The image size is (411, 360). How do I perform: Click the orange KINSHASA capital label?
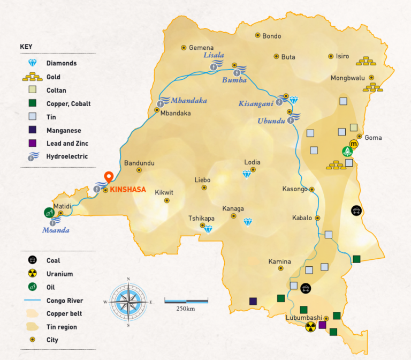point(128,189)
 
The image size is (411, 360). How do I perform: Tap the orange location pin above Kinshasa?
point(108,177)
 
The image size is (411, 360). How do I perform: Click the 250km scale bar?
point(186,301)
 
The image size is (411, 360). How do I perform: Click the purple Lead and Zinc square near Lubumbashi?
point(322,325)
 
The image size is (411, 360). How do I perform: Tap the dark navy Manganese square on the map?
point(253,301)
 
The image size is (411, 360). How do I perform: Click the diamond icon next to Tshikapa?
point(208,229)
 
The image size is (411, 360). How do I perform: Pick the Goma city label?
point(373,138)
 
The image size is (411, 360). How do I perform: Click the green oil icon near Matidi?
point(49,212)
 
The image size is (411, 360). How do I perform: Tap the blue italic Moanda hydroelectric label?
point(56,230)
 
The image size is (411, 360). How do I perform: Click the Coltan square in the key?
point(32,90)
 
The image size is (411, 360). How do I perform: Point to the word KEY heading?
point(26,47)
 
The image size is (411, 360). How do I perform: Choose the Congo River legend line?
point(32,301)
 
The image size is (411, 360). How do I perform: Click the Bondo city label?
point(271,36)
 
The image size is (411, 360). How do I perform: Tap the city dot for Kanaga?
point(233,216)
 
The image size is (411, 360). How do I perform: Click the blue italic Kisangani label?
point(256,103)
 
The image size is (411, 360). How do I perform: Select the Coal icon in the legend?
point(32,260)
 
